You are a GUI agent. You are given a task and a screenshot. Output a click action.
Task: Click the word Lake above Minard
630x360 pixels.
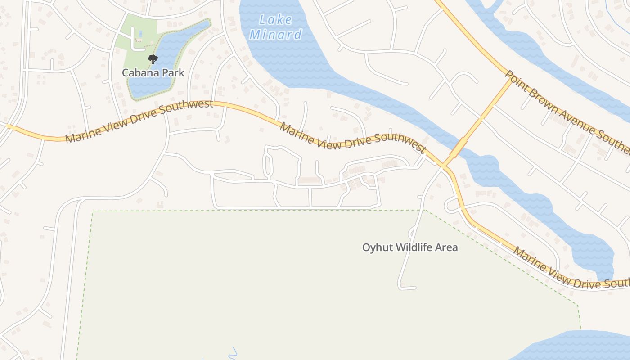pyautogui.click(x=276, y=20)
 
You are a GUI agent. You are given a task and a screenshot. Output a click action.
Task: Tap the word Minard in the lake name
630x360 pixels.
pyautogui.click(x=276, y=35)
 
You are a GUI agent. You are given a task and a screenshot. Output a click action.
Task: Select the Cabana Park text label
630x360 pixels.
pyautogui.click(x=153, y=72)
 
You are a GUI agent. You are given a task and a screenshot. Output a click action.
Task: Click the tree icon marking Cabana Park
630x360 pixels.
pyautogui.click(x=153, y=59)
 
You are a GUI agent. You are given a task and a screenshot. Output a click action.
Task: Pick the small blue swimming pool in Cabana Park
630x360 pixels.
pyautogui.click(x=141, y=34)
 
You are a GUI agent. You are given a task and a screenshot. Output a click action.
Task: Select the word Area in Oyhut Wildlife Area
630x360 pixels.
pyautogui.click(x=446, y=247)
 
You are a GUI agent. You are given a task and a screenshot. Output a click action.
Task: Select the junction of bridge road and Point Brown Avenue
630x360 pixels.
pyautogui.click(x=512, y=80)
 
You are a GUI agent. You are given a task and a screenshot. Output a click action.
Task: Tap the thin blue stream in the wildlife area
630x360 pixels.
pyautogui.click(x=233, y=353)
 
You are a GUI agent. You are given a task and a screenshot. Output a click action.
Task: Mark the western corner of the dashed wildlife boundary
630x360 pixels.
pyautogui.click(x=92, y=211)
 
